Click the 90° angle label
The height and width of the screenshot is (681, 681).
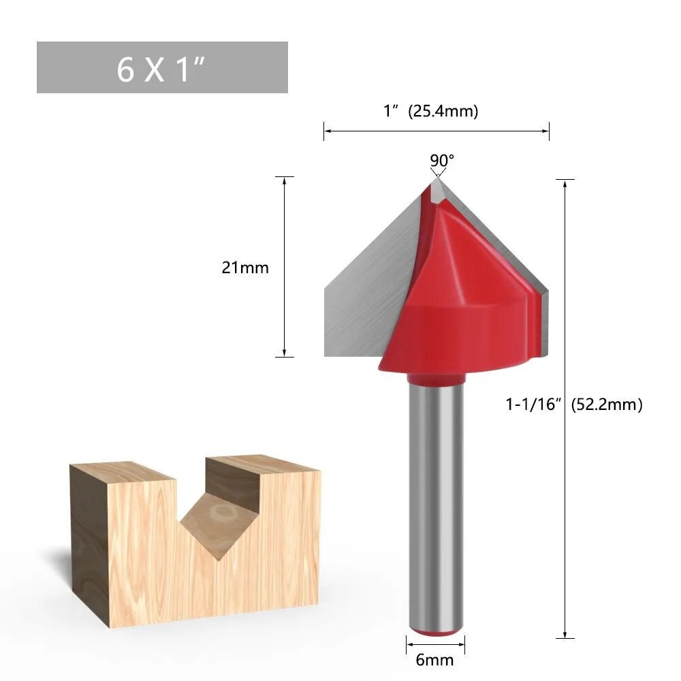point(442,160)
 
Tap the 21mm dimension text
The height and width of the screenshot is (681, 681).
point(245,268)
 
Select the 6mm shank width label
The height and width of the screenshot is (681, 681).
point(434,660)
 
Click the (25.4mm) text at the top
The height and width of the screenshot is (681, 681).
point(443,111)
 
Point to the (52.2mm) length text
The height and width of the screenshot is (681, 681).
point(606,405)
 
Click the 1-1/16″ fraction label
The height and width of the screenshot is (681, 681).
point(534,405)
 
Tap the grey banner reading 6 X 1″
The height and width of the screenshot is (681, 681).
point(162,67)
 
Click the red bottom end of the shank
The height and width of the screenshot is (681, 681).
point(436,632)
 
